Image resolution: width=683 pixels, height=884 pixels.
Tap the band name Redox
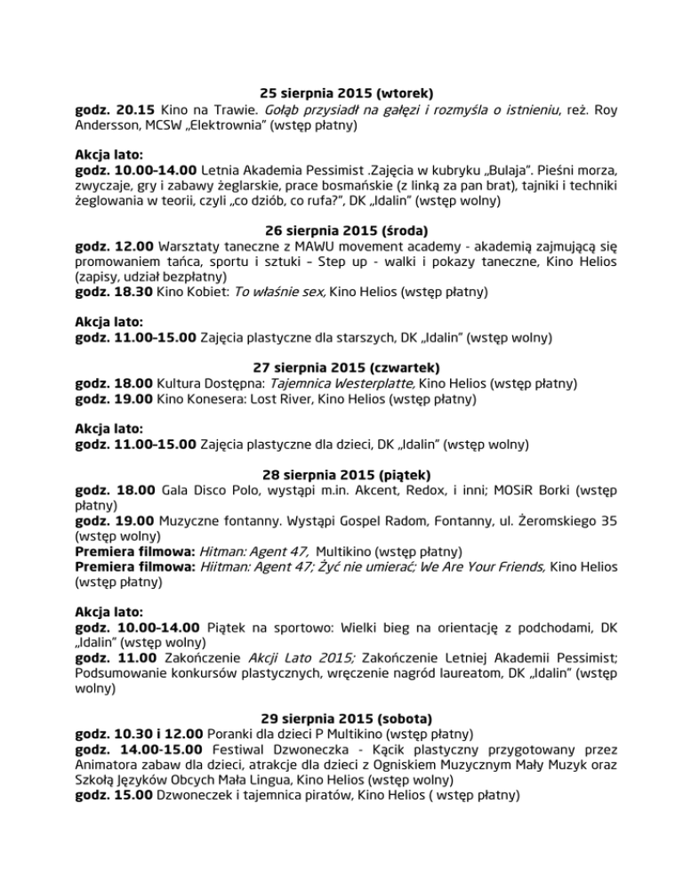(x=416, y=486)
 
